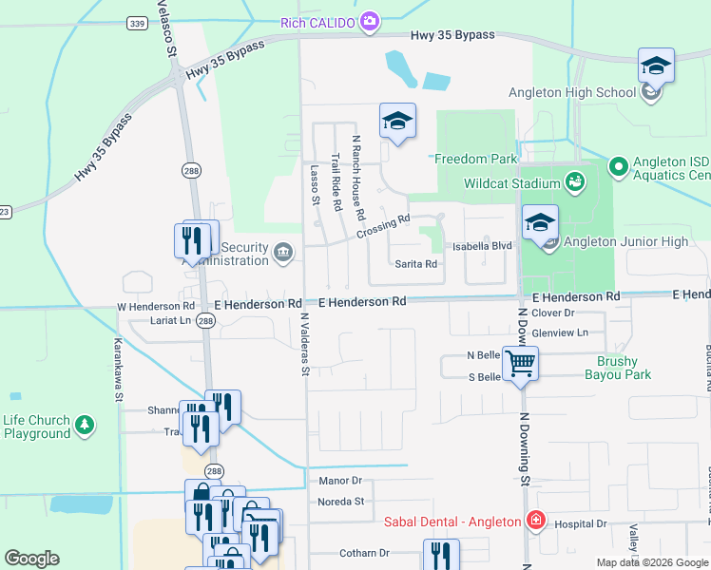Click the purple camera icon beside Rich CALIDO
click(x=370, y=22)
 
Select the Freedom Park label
click(x=475, y=159)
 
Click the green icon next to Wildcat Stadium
click(x=574, y=180)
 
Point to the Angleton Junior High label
click(x=625, y=241)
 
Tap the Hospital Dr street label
click(x=580, y=523)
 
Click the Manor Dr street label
click(x=341, y=482)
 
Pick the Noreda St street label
click(x=341, y=501)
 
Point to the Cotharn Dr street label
click(x=365, y=553)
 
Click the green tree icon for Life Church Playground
click(x=86, y=422)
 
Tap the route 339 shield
click(x=137, y=24)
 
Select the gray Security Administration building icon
click(x=282, y=253)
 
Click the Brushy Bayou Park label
click(x=623, y=368)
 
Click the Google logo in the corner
click(x=31, y=559)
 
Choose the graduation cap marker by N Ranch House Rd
click(x=397, y=120)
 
